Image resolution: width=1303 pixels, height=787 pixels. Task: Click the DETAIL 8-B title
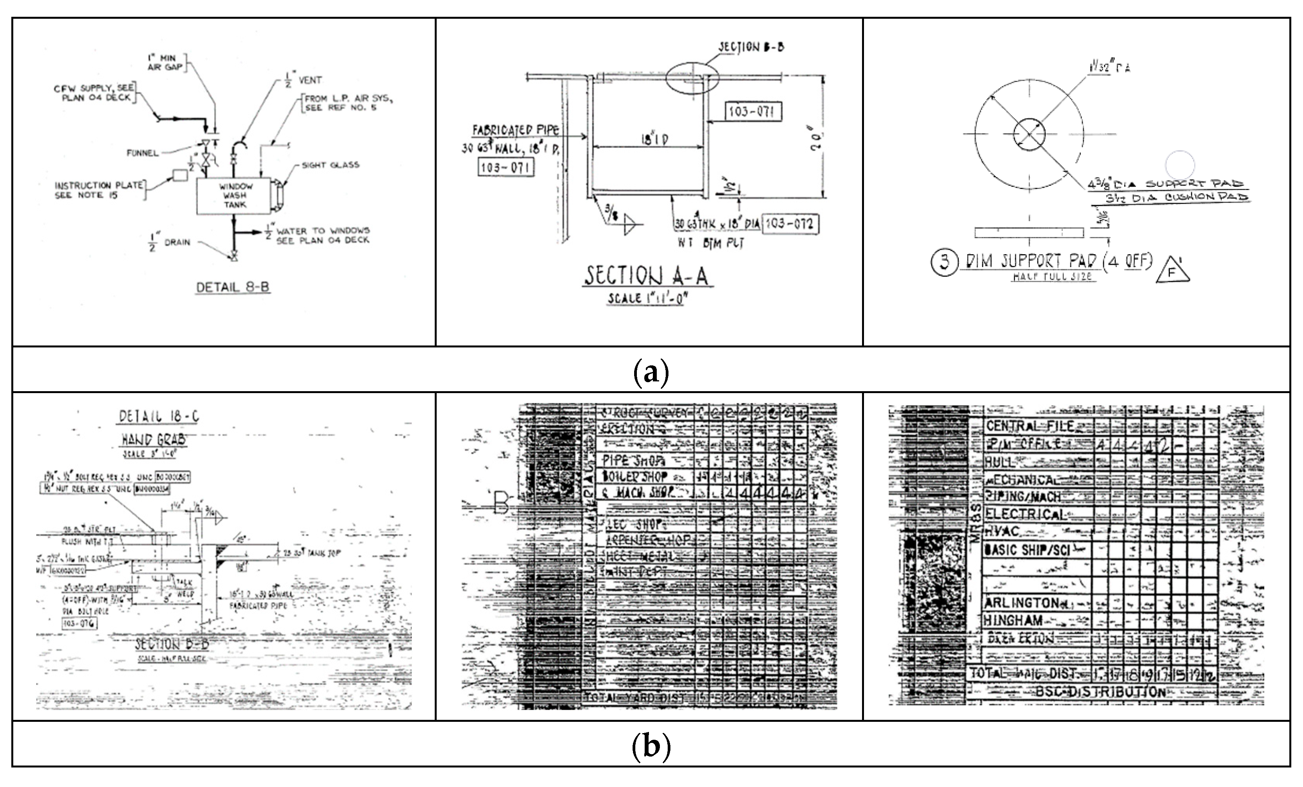(233, 287)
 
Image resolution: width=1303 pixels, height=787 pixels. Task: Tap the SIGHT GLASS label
(331, 165)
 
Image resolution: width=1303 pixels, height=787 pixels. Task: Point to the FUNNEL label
(142, 153)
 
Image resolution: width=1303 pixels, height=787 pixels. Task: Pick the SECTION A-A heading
(647, 276)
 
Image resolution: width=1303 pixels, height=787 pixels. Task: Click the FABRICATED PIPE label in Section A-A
(515, 130)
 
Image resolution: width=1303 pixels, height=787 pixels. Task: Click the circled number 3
(944, 263)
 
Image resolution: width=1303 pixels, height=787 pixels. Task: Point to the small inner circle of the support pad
(1029, 134)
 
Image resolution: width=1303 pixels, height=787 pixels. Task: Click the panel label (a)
(651, 372)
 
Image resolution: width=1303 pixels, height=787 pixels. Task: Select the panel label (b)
(651, 746)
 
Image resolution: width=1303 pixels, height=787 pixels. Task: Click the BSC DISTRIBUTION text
(1100, 691)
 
